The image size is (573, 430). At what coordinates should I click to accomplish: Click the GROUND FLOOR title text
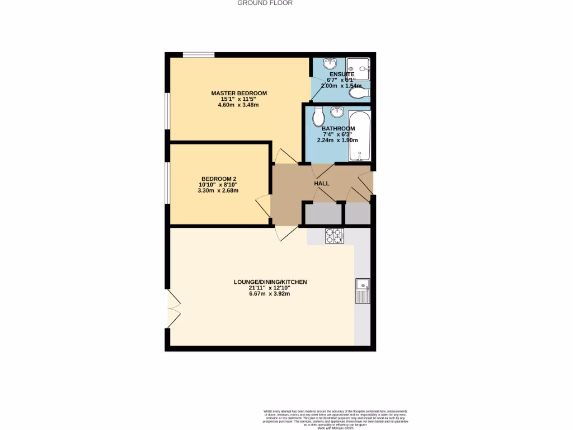click(265, 3)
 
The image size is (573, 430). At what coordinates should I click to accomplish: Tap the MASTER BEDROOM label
click(239, 93)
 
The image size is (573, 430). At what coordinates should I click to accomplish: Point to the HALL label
click(321, 184)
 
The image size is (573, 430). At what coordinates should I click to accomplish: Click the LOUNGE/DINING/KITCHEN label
click(270, 282)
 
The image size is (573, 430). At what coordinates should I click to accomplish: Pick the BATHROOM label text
click(338, 129)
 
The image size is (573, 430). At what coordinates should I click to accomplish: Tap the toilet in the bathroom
click(318, 116)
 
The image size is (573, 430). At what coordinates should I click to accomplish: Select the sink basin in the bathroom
click(337, 113)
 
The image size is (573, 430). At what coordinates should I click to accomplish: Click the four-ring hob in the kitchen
click(335, 236)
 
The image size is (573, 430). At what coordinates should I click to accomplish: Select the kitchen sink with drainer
click(363, 291)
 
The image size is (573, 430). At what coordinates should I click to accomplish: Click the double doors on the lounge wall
click(174, 310)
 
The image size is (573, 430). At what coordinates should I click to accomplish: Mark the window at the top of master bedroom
click(199, 55)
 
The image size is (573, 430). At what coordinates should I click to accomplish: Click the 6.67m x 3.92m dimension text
click(270, 294)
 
